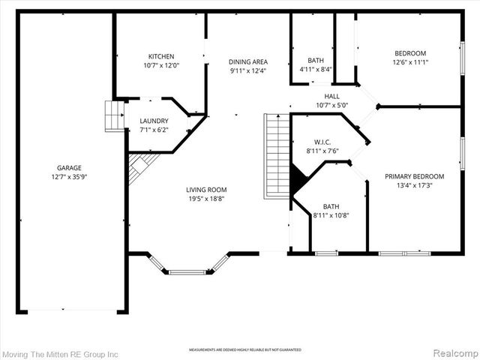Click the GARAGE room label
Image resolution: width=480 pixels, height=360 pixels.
(69, 168)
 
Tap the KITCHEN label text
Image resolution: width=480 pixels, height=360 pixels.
(160, 56)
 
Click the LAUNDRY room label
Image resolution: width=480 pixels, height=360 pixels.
(154, 121)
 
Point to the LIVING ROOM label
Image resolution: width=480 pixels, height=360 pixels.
(206, 190)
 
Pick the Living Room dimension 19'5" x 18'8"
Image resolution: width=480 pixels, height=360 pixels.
(206, 199)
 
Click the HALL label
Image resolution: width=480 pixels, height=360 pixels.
(331, 97)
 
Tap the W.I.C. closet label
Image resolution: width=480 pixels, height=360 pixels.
(322, 141)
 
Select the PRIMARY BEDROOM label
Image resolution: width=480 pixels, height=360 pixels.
(414, 176)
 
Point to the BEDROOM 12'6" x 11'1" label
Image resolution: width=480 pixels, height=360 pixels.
(410, 53)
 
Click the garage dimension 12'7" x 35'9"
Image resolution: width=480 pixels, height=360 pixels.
(69, 177)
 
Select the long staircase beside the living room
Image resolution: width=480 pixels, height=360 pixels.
(277, 155)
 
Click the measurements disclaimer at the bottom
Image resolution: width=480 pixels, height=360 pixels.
(244, 350)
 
